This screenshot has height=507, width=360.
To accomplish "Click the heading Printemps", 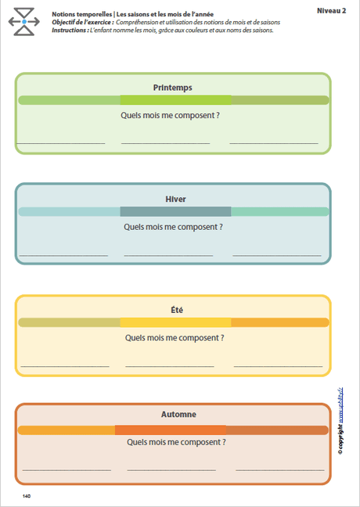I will click(x=173, y=88).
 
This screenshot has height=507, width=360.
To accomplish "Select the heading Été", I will click(x=175, y=310).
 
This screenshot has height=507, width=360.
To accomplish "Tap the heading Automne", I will click(x=175, y=414).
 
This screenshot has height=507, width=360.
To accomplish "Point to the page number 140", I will click(x=27, y=496).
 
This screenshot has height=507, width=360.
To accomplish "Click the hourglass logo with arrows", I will click(x=24, y=22).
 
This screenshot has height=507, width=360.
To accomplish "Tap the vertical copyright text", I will click(x=342, y=422).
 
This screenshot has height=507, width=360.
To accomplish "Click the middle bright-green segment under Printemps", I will click(x=175, y=100).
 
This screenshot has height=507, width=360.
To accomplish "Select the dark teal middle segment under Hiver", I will click(x=175, y=211).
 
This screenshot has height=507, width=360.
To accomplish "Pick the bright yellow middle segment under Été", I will click(x=175, y=322).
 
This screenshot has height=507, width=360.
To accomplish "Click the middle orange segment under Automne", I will click(x=170, y=430).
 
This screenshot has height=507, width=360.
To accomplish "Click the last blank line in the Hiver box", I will click(x=276, y=256).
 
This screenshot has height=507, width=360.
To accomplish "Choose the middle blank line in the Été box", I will click(x=170, y=366).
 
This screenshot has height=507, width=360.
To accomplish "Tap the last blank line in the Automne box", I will click(x=279, y=469).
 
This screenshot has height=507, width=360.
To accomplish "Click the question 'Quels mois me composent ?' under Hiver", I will click(x=173, y=227).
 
